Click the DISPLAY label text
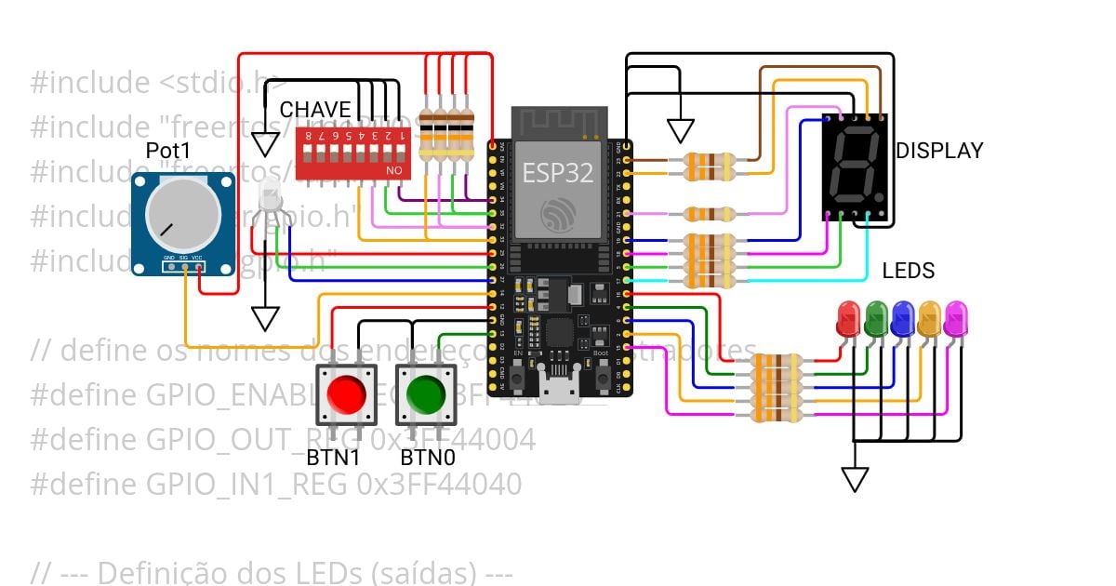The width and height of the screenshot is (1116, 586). click(938, 152)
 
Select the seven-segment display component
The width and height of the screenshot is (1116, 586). click(855, 166)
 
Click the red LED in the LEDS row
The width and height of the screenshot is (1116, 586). click(848, 319)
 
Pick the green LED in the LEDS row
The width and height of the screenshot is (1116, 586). click(875, 319)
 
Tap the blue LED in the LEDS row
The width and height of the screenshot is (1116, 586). click(901, 319)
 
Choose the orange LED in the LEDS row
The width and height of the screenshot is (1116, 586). click(928, 319)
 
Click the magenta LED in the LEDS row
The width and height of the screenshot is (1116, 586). click(955, 319)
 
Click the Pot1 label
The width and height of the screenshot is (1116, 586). click(167, 151)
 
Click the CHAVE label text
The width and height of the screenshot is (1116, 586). click(315, 110)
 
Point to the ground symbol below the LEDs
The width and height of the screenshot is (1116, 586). click(855, 479)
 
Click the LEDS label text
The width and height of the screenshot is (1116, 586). click(908, 272)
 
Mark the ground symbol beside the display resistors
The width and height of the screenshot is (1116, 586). click(681, 131)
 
